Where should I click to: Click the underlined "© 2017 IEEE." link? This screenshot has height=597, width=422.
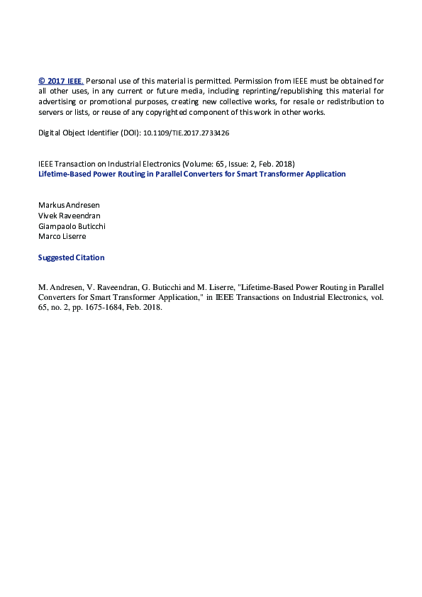click(x=61, y=81)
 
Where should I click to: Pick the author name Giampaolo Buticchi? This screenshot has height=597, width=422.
click(x=72, y=225)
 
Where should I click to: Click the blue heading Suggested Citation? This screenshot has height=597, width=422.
click(x=71, y=257)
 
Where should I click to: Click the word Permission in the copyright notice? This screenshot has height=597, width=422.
click(x=251, y=81)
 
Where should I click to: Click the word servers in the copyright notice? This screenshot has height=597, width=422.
click(x=51, y=112)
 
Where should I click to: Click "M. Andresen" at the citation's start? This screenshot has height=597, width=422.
click(x=60, y=287)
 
